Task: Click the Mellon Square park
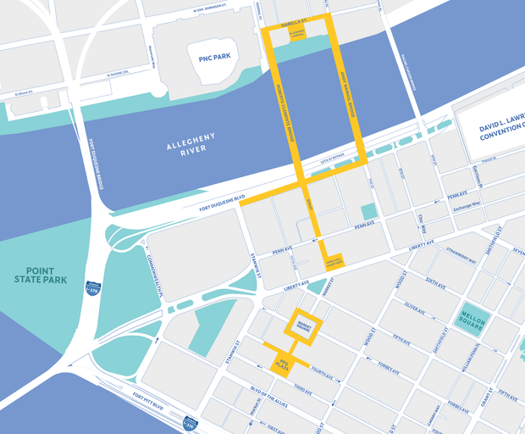click(x=474, y=321)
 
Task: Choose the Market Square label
click(x=302, y=327)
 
